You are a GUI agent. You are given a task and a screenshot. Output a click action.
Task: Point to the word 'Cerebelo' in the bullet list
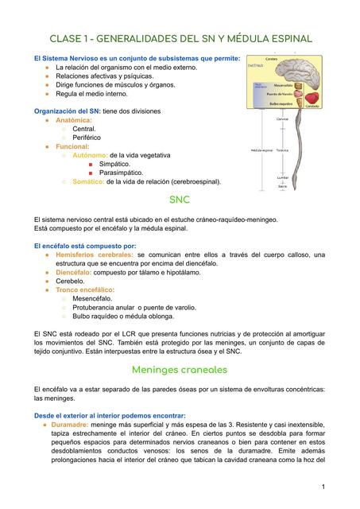(71, 281)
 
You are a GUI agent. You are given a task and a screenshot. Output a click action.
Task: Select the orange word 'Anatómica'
(73, 119)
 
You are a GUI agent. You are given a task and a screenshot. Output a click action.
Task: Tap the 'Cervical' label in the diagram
(282, 119)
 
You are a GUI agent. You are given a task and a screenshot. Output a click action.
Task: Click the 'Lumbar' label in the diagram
(282, 177)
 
